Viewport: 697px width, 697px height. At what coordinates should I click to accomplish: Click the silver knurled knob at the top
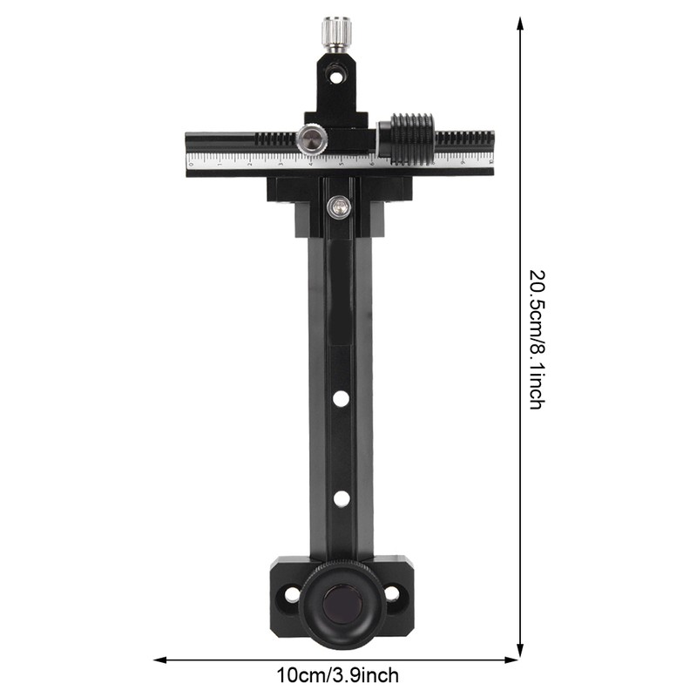tap(336, 33)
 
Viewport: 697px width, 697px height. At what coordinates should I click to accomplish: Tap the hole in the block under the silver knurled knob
tap(336, 78)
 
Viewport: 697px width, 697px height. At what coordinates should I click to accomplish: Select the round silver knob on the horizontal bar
tap(312, 139)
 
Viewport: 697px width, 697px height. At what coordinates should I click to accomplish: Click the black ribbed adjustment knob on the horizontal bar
tap(411, 139)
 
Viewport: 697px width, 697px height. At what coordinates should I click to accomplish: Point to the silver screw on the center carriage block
tap(340, 207)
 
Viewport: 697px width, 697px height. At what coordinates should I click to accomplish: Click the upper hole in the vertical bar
tap(341, 398)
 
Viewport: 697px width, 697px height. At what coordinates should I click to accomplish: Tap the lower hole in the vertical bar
tap(341, 498)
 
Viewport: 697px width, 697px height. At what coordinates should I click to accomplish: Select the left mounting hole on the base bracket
tap(290, 595)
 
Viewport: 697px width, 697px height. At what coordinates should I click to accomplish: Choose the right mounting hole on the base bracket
tap(392, 594)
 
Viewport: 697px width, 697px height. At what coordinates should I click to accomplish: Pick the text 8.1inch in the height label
tap(536, 375)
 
